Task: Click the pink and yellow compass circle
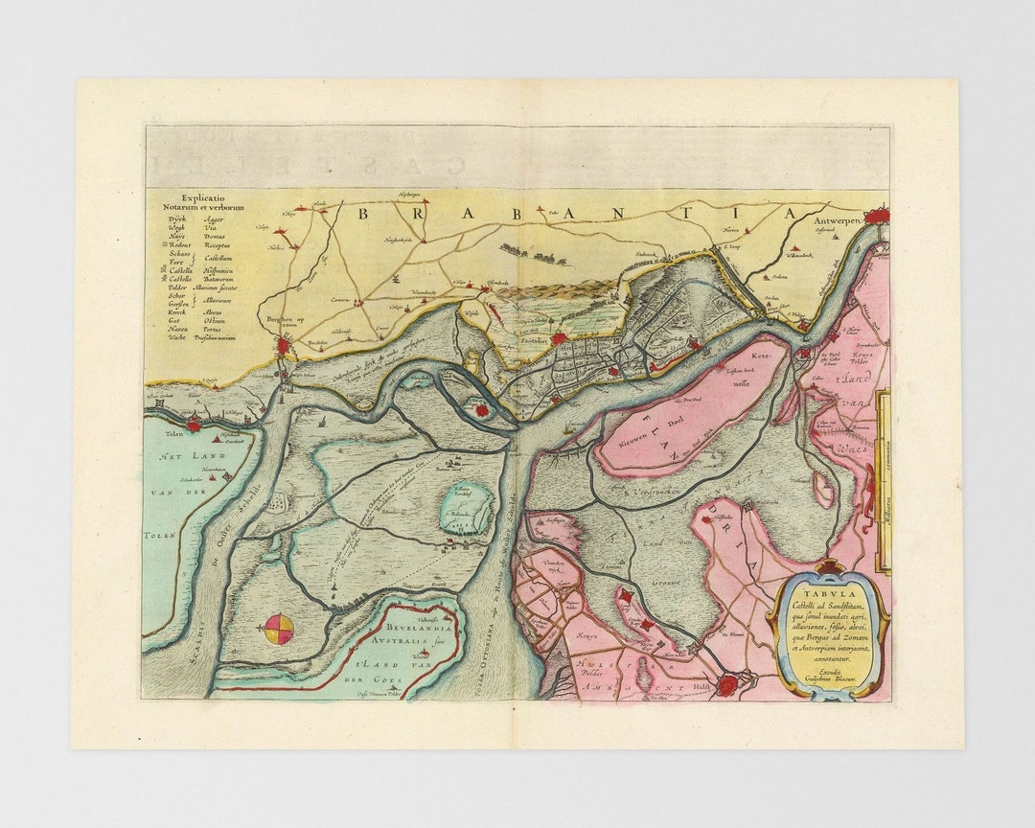coord(279,630)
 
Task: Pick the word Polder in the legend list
coord(178,287)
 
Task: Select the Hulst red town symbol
coord(730,684)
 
